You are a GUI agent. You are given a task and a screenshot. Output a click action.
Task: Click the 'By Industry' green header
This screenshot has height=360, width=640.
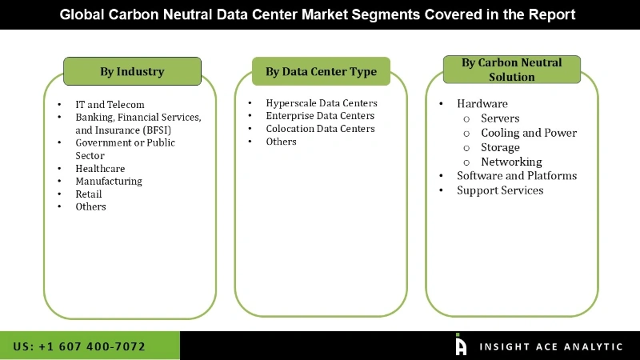[x=132, y=71]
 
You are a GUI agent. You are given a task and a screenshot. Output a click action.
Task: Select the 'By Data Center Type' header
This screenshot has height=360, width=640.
[x=321, y=71]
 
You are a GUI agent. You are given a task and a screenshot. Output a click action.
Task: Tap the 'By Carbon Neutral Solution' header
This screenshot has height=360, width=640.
[x=511, y=70]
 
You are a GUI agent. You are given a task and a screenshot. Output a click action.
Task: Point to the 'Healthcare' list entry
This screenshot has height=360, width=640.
[x=100, y=168]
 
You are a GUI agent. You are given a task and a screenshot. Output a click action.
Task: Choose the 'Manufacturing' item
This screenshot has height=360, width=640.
[x=109, y=181]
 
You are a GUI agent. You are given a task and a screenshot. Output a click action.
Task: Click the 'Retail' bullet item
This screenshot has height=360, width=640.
[x=90, y=194]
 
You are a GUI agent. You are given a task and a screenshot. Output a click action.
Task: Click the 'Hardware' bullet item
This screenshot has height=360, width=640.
[x=482, y=103]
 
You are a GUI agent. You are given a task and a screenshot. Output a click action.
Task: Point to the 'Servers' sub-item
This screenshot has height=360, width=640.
[x=500, y=118]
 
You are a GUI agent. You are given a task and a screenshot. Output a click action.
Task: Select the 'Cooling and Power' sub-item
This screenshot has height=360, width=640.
[x=528, y=133]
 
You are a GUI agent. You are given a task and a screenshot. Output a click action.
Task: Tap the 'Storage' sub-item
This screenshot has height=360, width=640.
[x=500, y=147]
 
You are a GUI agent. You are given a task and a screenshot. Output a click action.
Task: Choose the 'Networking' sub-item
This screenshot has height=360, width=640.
[x=511, y=162]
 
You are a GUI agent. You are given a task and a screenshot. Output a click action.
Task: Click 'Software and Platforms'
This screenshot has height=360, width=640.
[x=516, y=176]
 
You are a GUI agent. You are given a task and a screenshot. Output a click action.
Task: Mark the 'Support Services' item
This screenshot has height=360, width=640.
[x=500, y=190]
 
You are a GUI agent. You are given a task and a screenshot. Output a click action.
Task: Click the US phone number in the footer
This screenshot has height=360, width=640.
[x=79, y=346]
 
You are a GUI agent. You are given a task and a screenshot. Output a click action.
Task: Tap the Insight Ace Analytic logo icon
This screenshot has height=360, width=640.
[x=461, y=345]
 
